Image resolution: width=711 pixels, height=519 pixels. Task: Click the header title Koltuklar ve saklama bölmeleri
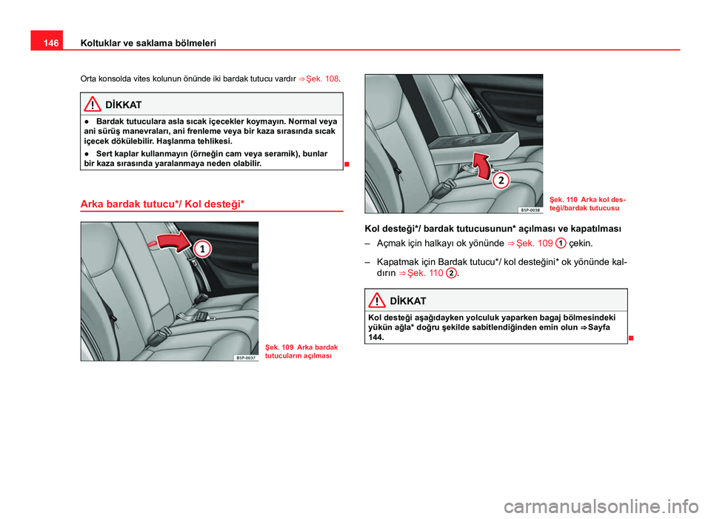(147, 44)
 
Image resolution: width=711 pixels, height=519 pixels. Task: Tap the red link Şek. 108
(322, 77)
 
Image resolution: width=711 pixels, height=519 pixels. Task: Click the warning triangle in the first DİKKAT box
(94, 104)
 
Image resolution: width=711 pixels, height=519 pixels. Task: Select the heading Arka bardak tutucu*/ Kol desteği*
(163, 203)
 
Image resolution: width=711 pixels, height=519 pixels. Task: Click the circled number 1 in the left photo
(201, 251)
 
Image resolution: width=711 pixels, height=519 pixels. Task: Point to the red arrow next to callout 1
(171, 241)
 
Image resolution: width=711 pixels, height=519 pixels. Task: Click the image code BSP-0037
(245, 357)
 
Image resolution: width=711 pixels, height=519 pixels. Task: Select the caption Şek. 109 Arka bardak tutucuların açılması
(301, 350)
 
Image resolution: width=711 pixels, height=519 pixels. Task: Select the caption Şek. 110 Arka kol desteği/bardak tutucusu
(587, 204)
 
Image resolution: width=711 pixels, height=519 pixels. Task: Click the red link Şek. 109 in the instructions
(534, 243)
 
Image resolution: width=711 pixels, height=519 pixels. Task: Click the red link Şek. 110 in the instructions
(426, 273)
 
